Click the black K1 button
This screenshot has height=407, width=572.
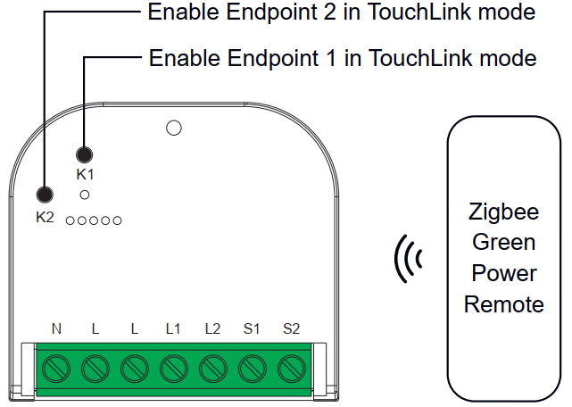click(x=86, y=154)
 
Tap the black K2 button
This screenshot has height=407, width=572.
click(x=44, y=195)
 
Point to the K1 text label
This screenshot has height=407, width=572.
click(x=86, y=174)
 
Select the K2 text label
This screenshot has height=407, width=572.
click(x=45, y=216)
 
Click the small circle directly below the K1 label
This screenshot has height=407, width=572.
click(x=85, y=194)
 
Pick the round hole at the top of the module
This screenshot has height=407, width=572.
click(x=174, y=129)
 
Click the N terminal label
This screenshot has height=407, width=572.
click(x=56, y=328)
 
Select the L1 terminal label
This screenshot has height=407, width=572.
click(x=173, y=328)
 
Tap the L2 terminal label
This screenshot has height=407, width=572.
click(x=212, y=328)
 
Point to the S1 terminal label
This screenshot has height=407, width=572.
click(x=252, y=328)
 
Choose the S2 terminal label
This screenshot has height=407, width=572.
click(x=291, y=328)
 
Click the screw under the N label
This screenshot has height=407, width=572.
click(x=56, y=367)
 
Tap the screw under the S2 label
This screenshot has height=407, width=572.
click(x=291, y=367)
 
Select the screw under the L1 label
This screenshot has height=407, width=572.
click(x=173, y=367)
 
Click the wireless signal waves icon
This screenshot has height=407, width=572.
click(x=409, y=260)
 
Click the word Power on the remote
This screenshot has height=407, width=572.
click(x=503, y=273)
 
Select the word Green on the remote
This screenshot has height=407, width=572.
click(x=503, y=243)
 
